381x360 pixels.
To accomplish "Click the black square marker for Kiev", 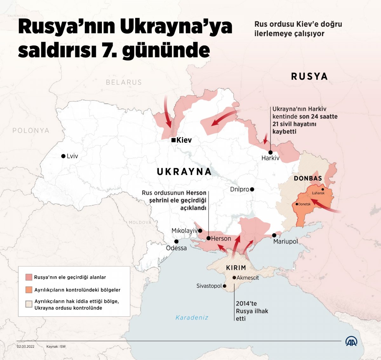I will click(173, 140).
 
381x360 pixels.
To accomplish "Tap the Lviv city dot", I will click(63, 156).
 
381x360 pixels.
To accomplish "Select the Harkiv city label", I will click(270, 158).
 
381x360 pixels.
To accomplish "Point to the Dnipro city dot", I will click(252, 190).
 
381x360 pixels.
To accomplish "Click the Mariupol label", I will click(285, 242).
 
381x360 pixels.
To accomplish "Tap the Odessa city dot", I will click(176, 242).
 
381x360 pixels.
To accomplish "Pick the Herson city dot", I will click(209, 238).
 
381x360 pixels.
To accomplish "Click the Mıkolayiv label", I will click(184, 231).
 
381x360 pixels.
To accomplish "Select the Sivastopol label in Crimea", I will click(209, 286).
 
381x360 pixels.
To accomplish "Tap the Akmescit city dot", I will click(234, 277).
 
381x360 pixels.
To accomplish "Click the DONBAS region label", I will click(308, 178).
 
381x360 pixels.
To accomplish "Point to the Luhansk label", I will click(318, 193).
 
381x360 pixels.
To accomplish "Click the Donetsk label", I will click(304, 204).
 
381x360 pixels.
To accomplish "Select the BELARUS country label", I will click(124, 83).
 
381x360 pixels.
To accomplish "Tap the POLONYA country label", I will click(31, 130).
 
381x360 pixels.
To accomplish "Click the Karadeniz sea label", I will click(192, 317).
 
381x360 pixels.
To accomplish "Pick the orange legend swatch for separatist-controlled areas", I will click(29, 290).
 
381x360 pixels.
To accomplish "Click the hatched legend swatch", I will click(29, 304).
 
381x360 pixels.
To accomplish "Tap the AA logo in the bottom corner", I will click(351, 342).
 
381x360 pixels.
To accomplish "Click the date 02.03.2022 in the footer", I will click(26, 346).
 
